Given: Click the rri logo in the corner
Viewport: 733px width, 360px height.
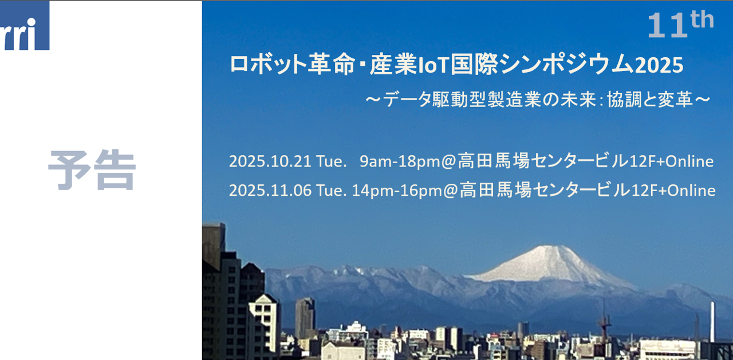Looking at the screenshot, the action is tap(25, 26).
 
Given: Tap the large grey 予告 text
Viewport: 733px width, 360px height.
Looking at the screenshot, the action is tap(92, 170).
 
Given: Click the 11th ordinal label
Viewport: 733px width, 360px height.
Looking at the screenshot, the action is tap(681, 25).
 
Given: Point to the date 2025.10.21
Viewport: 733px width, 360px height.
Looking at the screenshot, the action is tap(270, 161).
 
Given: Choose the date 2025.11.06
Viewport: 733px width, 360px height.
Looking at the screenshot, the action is tap(270, 190).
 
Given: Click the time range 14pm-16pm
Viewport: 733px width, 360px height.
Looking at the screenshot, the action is tap(397, 190).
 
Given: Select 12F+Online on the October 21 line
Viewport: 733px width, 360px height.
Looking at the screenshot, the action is tap(672, 161).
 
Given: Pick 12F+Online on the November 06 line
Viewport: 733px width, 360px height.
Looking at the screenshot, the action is tap(673, 190).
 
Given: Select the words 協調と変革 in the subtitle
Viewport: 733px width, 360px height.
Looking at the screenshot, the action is tap(650, 100).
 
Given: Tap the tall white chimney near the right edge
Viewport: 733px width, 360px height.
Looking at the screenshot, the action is tap(712, 322).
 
